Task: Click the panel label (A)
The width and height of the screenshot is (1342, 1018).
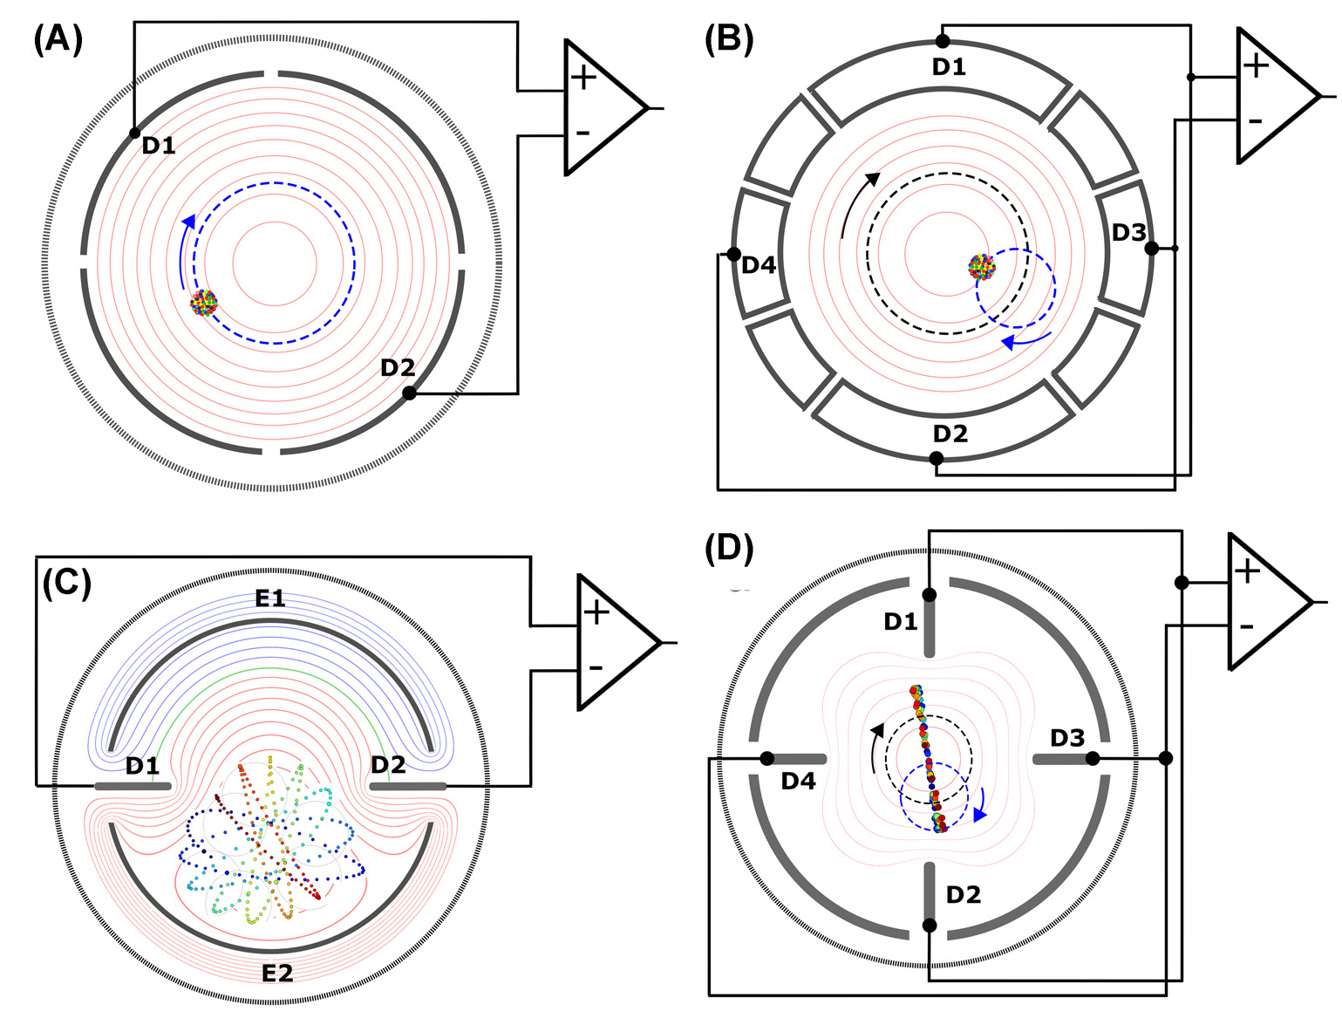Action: (x=58, y=40)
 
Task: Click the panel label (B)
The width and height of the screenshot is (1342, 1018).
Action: (x=729, y=40)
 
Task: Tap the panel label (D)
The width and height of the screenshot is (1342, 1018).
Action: (x=729, y=550)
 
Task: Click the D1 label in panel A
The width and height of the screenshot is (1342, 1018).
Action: (x=159, y=146)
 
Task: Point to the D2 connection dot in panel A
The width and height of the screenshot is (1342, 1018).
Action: (x=409, y=393)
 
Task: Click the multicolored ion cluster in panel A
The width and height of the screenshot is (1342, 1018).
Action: (x=204, y=302)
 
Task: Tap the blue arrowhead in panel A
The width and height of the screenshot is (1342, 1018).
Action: (x=187, y=222)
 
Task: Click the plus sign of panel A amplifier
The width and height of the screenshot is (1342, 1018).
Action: (x=583, y=78)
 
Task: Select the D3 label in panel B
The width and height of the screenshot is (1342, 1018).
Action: (x=1129, y=233)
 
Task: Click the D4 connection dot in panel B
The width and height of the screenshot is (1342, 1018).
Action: (x=734, y=255)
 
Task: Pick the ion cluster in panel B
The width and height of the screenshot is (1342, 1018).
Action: (x=983, y=266)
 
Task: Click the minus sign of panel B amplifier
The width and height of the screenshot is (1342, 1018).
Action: (x=1255, y=121)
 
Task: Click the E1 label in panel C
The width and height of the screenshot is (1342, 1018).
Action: (x=270, y=598)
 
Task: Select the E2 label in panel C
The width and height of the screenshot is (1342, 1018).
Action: (x=278, y=971)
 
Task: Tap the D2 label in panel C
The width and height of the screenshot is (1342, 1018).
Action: (x=388, y=765)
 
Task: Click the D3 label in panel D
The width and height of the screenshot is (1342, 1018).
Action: (x=1067, y=739)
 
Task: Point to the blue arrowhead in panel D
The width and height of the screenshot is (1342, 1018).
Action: (x=980, y=814)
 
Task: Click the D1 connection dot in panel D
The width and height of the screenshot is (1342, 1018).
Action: (x=930, y=595)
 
